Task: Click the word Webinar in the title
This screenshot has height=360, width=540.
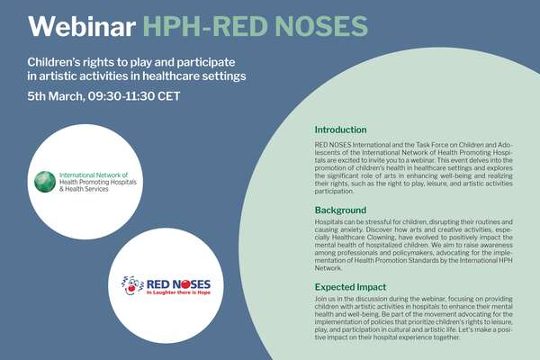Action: tap(82, 26)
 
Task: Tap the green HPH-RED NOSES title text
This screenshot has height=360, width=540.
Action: tap(256, 26)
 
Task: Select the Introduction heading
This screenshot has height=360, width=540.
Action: tap(340, 130)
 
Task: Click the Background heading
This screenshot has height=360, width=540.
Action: tap(340, 210)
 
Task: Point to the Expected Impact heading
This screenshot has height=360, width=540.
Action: tap(350, 287)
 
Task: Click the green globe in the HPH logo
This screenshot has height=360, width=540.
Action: tap(45, 182)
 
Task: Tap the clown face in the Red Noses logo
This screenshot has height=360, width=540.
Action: tap(132, 285)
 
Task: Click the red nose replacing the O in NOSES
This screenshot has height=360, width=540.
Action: tap(185, 284)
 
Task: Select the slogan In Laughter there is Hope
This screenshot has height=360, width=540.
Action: tap(178, 292)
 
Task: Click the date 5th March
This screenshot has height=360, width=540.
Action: tap(56, 96)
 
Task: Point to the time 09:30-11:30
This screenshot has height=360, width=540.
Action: tap(121, 96)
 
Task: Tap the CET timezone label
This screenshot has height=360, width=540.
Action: tap(169, 96)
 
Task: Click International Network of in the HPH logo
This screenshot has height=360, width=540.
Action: tap(94, 175)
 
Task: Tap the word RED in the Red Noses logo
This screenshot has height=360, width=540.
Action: tap(157, 284)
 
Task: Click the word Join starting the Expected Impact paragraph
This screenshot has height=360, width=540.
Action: tap(319, 299)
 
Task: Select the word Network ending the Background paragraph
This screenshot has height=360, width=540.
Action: tap(328, 268)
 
